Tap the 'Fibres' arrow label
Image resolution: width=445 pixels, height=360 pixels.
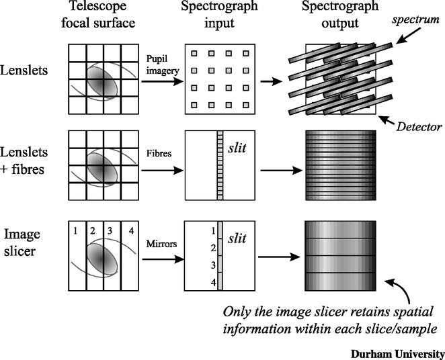point(156,152)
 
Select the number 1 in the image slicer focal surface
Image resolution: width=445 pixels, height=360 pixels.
point(76,232)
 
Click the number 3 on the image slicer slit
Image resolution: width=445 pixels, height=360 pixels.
point(212,266)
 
